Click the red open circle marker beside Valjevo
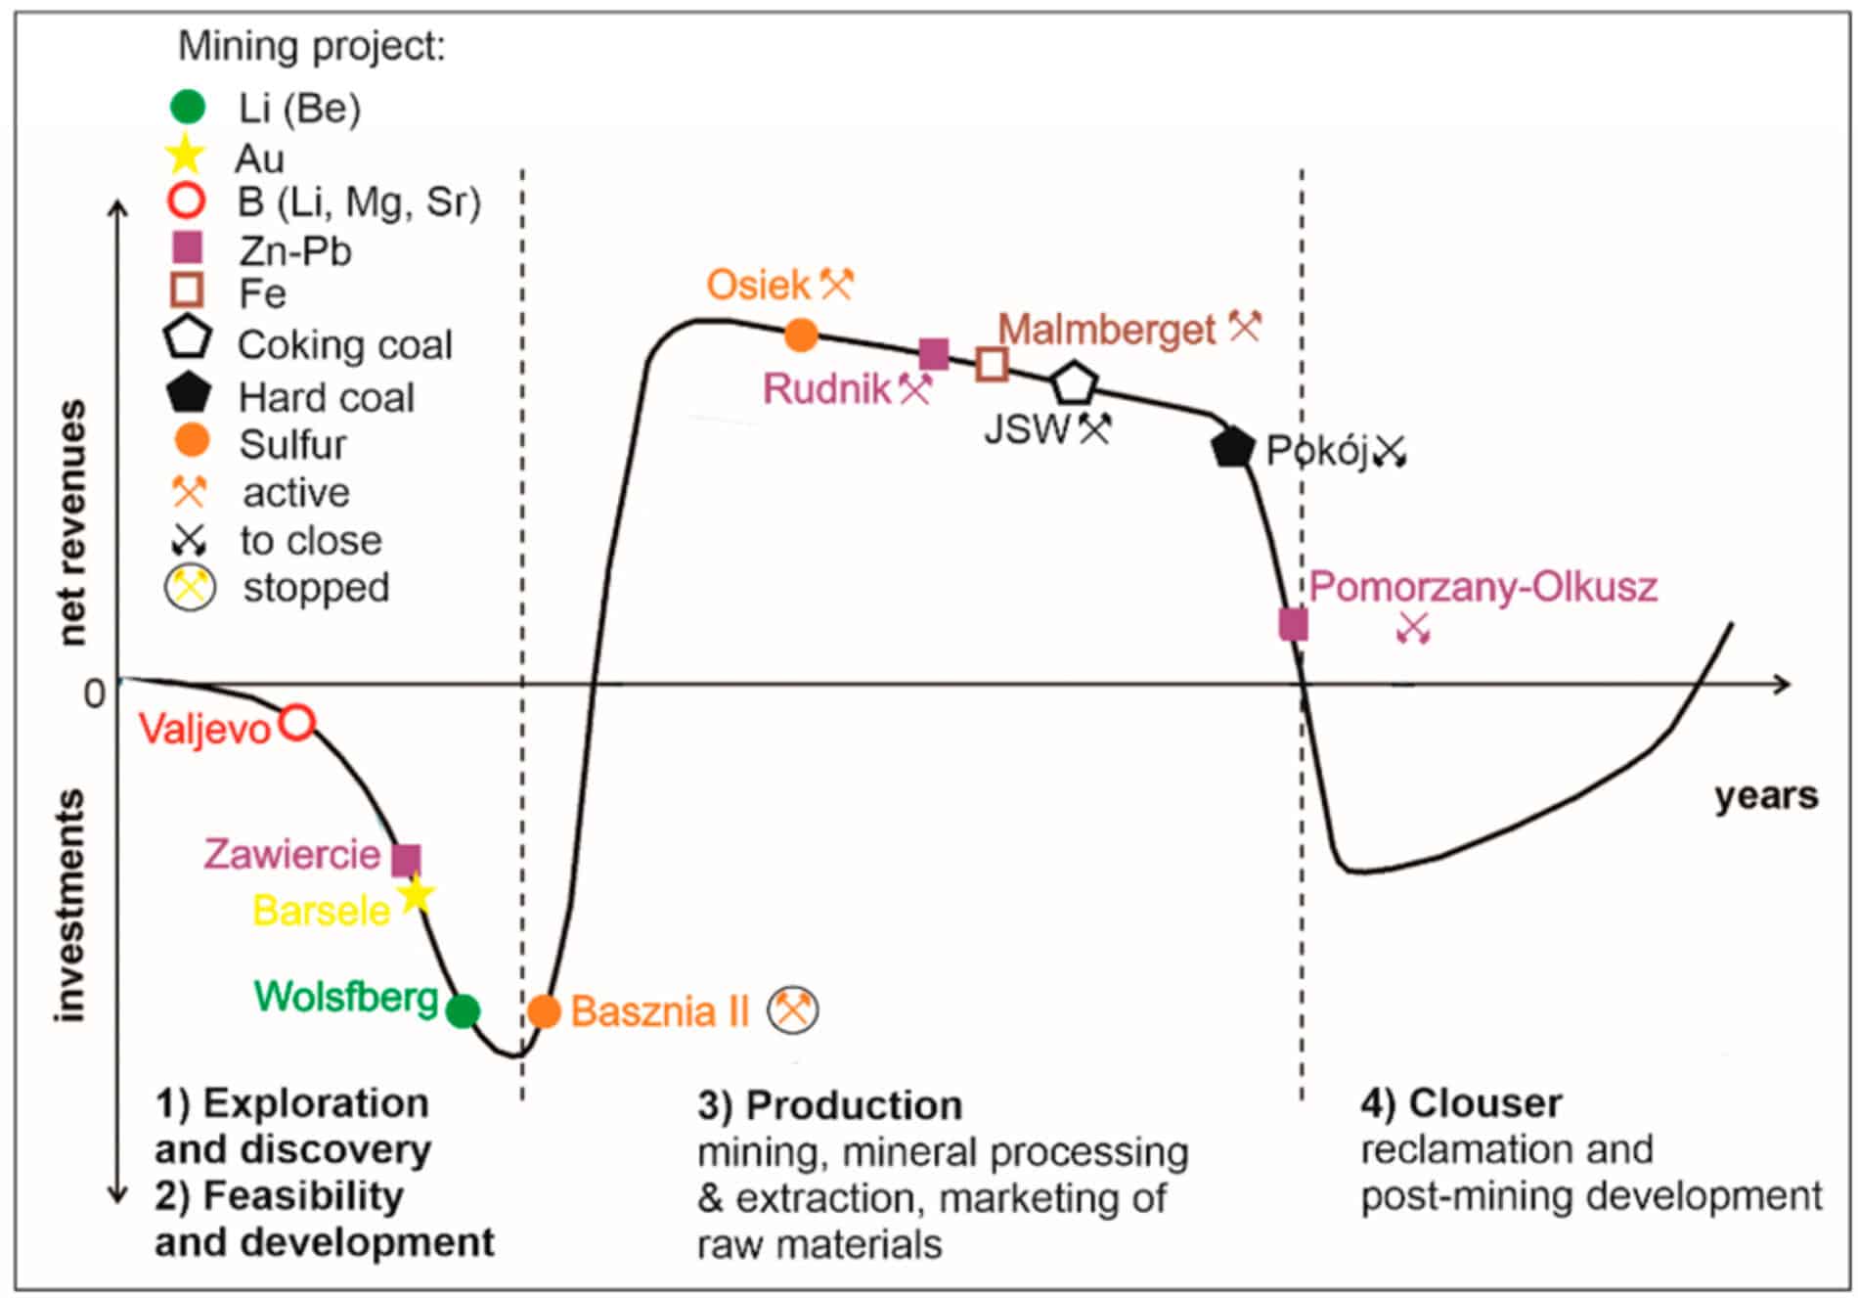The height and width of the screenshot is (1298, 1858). (297, 723)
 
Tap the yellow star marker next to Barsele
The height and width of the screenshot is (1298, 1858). (416, 894)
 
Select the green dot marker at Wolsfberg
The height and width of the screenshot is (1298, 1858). (463, 1010)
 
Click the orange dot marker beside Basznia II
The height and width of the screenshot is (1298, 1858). (544, 1010)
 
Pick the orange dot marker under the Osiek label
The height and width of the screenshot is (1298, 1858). (801, 335)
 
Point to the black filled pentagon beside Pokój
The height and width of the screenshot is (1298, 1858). (1231, 447)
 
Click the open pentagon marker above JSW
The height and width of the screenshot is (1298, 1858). (1074, 383)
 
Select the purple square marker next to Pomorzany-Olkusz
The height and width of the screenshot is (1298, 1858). (1293, 623)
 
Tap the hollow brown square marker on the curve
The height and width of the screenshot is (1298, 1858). (992, 364)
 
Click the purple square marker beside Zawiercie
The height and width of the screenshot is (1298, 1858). (406, 860)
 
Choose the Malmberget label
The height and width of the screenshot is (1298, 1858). (1106, 330)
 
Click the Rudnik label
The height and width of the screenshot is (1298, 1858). (826, 388)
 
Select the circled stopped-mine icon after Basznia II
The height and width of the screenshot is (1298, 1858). (792, 1010)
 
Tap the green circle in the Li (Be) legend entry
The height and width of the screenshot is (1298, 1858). (187, 107)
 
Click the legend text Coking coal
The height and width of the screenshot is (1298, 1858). (344, 344)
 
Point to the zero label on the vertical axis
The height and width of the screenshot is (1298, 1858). (94, 694)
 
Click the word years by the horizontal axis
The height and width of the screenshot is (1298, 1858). (1765, 796)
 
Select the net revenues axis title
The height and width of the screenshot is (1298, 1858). (71, 522)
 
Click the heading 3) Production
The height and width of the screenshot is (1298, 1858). (829, 1105)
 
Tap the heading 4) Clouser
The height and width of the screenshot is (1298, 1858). (1460, 1103)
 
